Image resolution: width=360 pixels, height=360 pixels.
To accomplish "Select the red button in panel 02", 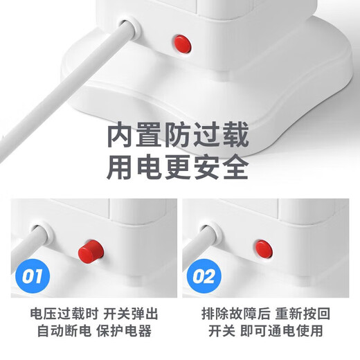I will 263,246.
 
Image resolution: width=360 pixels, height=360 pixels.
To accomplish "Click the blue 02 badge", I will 203,278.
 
